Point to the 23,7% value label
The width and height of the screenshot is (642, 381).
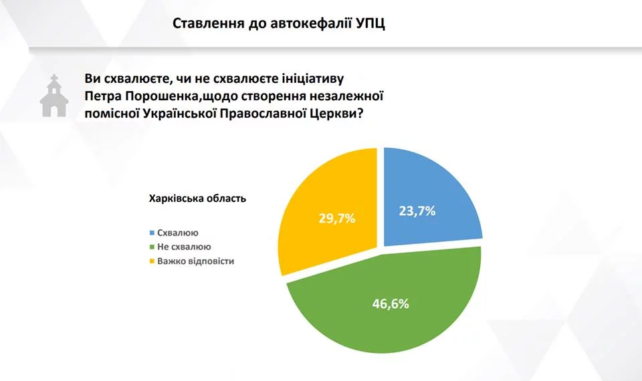[x=417, y=211]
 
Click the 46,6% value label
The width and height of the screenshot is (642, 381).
[x=391, y=303]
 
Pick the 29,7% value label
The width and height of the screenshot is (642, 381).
[x=337, y=219]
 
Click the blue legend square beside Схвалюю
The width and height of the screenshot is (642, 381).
[x=152, y=233]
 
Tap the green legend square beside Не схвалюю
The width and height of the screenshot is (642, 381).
[x=152, y=247]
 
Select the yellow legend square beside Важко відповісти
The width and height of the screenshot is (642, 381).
[x=152, y=261]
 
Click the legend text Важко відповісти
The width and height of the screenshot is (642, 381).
[x=196, y=261]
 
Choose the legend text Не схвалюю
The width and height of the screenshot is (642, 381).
[x=185, y=247]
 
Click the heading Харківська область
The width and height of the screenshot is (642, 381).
[x=197, y=199]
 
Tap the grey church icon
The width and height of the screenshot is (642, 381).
[x=54, y=96]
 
